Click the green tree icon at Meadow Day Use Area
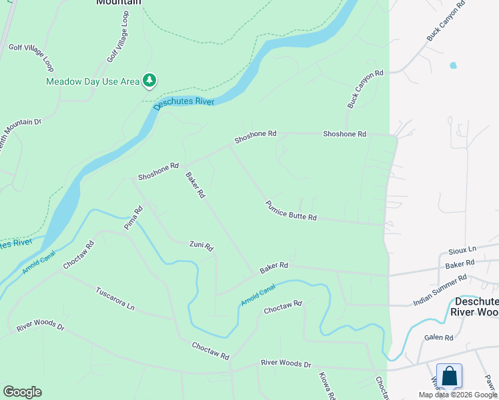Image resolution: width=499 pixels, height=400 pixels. [x=149, y=81]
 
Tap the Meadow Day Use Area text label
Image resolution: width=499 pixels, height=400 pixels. [x=93, y=81]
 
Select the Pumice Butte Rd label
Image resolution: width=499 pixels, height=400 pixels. [x=290, y=211]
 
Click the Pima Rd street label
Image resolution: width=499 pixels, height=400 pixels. [x=133, y=218]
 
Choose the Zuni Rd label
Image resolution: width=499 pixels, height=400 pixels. [x=201, y=246]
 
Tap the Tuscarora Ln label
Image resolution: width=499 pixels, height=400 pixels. [x=115, y=299]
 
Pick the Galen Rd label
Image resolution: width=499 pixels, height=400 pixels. [x=438, y=337]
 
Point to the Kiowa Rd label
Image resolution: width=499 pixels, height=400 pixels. [x=326, y=385]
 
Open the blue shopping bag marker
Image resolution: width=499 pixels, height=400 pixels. [x=450, y=376]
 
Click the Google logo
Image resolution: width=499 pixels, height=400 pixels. [x=22, y=392]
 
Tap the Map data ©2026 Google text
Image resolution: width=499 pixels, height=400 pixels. [x=458, y=395]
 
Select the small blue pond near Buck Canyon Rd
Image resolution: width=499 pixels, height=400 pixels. [x=454, y=65]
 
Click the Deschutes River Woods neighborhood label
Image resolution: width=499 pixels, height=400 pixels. [x=474, y=306]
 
